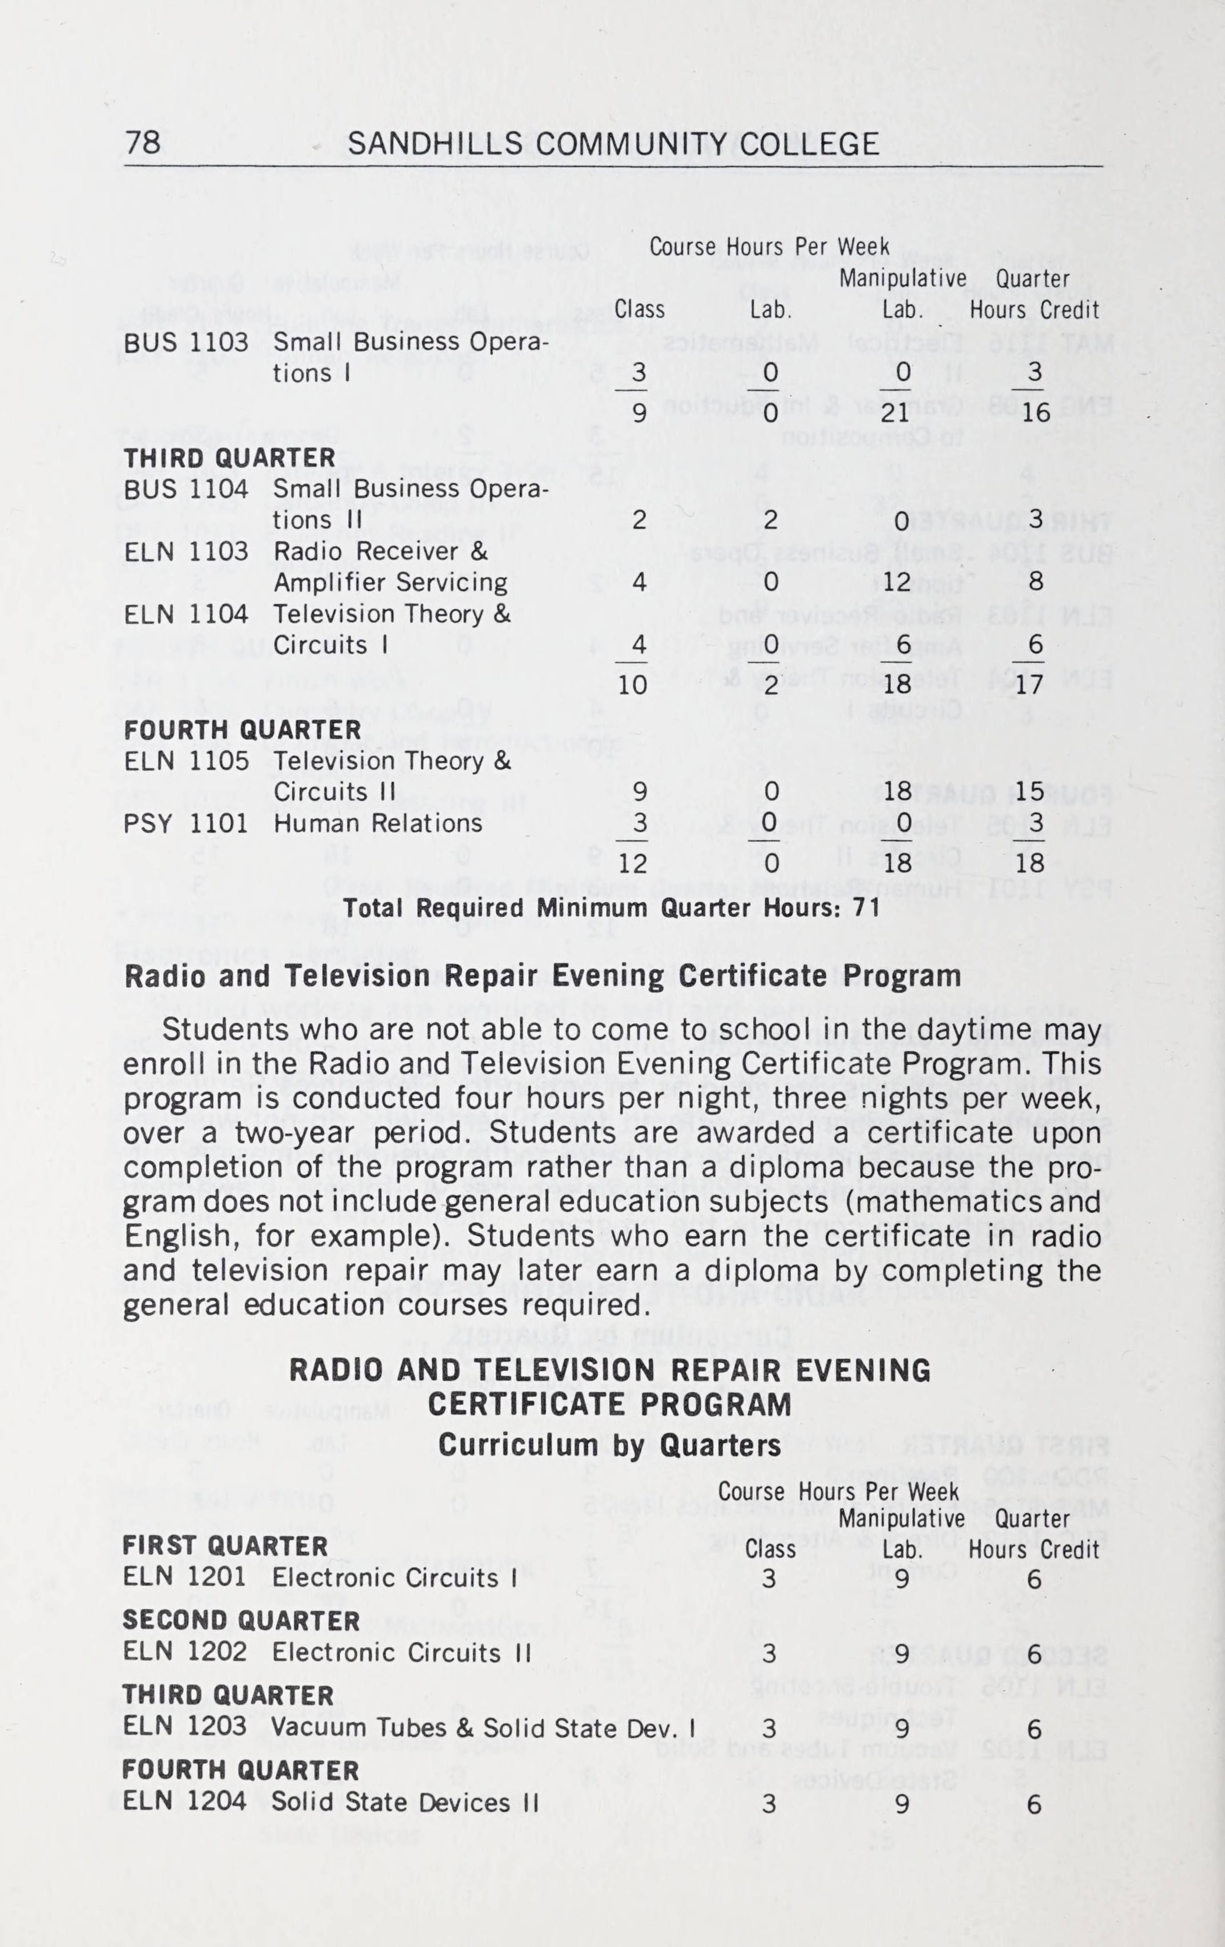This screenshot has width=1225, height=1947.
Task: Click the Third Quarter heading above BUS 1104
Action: click(229, 458)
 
